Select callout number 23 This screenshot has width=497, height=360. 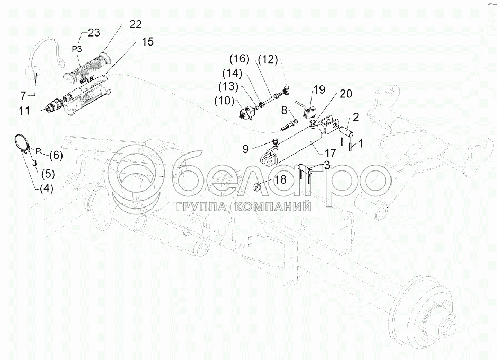(93, 33)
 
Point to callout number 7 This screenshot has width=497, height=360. (23, 95)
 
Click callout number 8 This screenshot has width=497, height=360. (284, 110)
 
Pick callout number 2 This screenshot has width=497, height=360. (356, 116)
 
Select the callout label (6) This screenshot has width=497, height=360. (55, 156)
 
